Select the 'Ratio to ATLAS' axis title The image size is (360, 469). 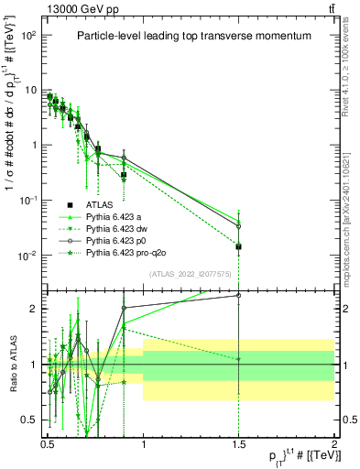pyautogui.click(x=11, y=365)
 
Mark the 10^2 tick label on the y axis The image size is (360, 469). pyautogui.click(x=28, y=35)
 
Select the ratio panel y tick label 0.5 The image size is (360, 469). pyautogui.click(x=28, y=420)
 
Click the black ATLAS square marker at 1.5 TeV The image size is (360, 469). pyautogui.click(x=238, y=246)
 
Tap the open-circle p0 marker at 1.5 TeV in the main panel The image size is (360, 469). pyautogui.click(x=238, y=225)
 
